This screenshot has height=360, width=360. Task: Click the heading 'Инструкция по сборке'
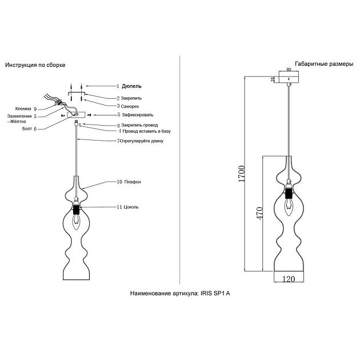[35, 66]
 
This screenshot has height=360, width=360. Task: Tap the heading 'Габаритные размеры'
[323, 63]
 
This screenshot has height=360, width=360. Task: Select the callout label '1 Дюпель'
[129, 86]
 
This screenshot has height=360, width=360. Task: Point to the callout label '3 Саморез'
[127, 106]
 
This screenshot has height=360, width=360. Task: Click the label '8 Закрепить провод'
[137, 125]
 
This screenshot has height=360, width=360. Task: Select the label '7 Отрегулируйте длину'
[140, 141]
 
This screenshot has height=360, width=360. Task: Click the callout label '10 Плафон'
[128, 182]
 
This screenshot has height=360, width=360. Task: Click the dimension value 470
[259, 213]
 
